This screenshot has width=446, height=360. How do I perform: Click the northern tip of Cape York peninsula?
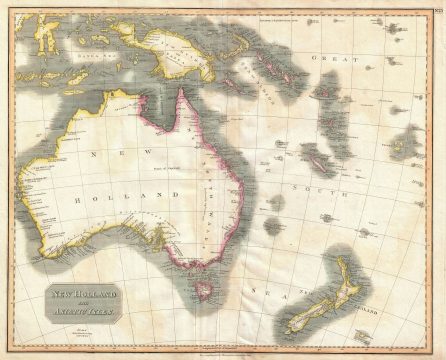181,91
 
